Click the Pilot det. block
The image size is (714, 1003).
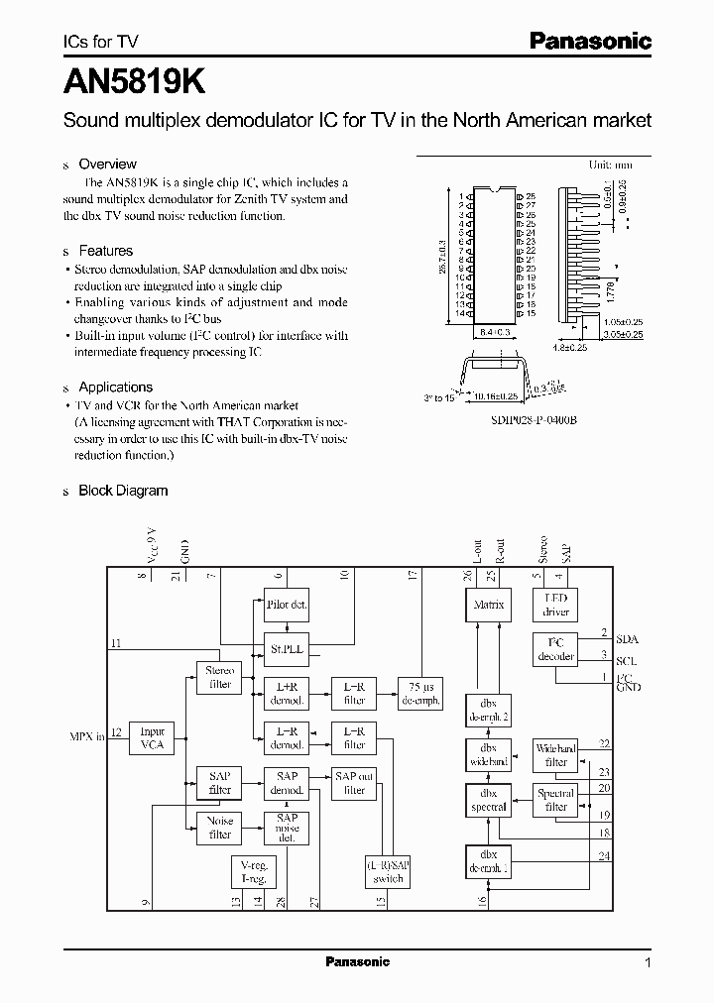pos(287,605)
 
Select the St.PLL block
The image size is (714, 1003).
pos(287,649)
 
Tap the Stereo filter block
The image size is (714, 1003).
pos(219,678)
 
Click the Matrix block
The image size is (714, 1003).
pos(488,605)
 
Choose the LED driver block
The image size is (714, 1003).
pos(556,605)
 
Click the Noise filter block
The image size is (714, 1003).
pos(219,828)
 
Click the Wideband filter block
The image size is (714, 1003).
pos(556,755)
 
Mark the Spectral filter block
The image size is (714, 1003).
pos(556,800)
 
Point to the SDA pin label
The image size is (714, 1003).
pos(627,638)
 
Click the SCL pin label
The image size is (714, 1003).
pos(627,660)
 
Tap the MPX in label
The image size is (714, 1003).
pos(86,736)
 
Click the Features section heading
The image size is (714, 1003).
pos(105,251)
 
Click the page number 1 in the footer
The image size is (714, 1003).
pos(648,962)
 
